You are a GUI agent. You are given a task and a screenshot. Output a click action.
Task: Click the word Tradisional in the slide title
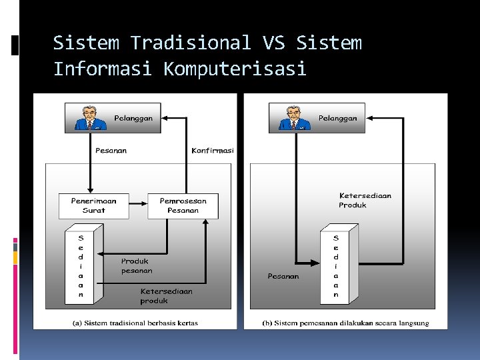pyautogui.click(x=190, y=43)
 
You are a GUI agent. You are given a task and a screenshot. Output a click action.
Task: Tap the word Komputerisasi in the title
pyautogui.click(x=235, y=69)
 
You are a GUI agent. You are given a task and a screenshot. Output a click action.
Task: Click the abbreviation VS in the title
pyautogui.click(x=273, y=43)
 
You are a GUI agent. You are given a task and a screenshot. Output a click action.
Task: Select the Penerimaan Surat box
pyautogui.click(x=93, y=205)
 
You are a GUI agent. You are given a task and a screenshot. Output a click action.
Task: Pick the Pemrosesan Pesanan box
pyautogui.click(x=183, y=205)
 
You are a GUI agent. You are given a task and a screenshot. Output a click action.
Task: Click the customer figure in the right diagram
pyautogui.click(x=292, y=117)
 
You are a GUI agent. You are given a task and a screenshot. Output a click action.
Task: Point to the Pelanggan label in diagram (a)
pyautogui.click(x=133, y=118)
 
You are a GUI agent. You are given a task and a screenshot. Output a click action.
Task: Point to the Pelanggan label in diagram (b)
pyautogui.click(x=337, y=118)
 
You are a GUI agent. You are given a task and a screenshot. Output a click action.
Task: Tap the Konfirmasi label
pyautogui.click(x=213, y=151)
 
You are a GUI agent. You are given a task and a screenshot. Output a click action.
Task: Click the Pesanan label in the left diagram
pyautogui.click(x=111, y=151)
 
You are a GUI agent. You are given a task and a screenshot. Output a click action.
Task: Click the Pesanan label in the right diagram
pyautogui.click(x=283, y=276)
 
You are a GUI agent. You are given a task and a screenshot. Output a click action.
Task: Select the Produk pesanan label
pyautogui.click(x=136, y=266)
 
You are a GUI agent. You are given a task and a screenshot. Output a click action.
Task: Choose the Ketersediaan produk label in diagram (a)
pyautogui.click(x=166, y=296)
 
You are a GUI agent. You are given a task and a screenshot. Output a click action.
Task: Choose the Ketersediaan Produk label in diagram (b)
pyautogui.click(x=365, y=200)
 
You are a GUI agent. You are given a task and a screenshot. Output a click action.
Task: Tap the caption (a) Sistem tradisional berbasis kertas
pyautogui.click(x=135, y=323)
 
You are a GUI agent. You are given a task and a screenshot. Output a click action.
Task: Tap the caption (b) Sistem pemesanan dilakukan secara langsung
pyautogui.click(x=345, y=323)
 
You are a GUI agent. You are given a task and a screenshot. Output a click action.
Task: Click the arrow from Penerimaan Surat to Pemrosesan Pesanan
pyautogui.click(x=137, y=201)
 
